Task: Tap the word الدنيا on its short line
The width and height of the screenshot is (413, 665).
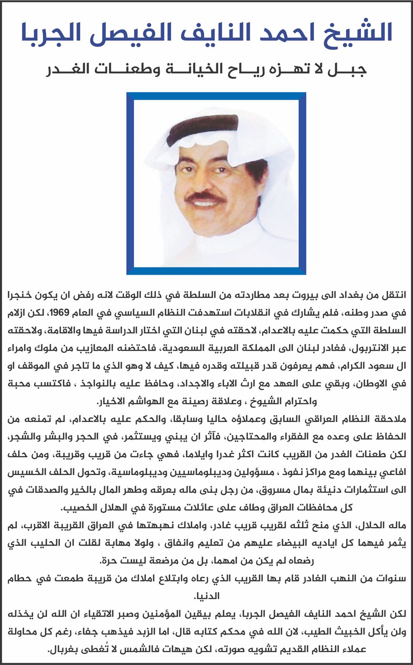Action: pyautogui.click(x=206, y=596)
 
